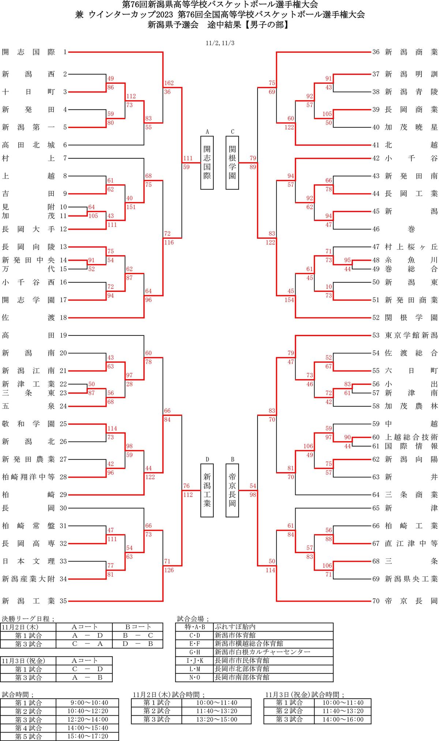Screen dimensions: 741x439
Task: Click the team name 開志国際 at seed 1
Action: (28, 52)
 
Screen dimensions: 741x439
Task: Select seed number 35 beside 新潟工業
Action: (63, 601)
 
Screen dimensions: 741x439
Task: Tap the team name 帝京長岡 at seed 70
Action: (411, 601)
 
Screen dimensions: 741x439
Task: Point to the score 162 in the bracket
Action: (169, 83)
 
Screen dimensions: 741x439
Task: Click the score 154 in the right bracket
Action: (289, 300)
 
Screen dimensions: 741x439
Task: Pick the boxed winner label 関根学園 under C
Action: (232, 162)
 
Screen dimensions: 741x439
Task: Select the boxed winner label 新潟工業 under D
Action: (207, 490)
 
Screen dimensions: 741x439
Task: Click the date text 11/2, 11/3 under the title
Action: (220, 43)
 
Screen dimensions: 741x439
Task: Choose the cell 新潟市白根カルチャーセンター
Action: (262, 652)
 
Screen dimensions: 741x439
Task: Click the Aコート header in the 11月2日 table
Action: (85, 627)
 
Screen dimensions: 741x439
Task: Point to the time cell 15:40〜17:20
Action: (87, 736)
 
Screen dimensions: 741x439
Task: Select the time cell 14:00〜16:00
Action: (343, 719)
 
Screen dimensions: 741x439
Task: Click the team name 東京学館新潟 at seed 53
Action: (411, 335)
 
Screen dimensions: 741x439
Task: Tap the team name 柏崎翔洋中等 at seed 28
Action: (28, 477)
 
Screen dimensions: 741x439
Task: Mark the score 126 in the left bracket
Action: (169, 570)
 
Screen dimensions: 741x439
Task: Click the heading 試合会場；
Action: (193, 619)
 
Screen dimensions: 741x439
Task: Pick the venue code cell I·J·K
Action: (194, 661)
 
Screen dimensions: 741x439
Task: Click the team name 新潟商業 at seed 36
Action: (411, 52)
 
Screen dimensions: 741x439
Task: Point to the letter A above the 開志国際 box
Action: (207, 132)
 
